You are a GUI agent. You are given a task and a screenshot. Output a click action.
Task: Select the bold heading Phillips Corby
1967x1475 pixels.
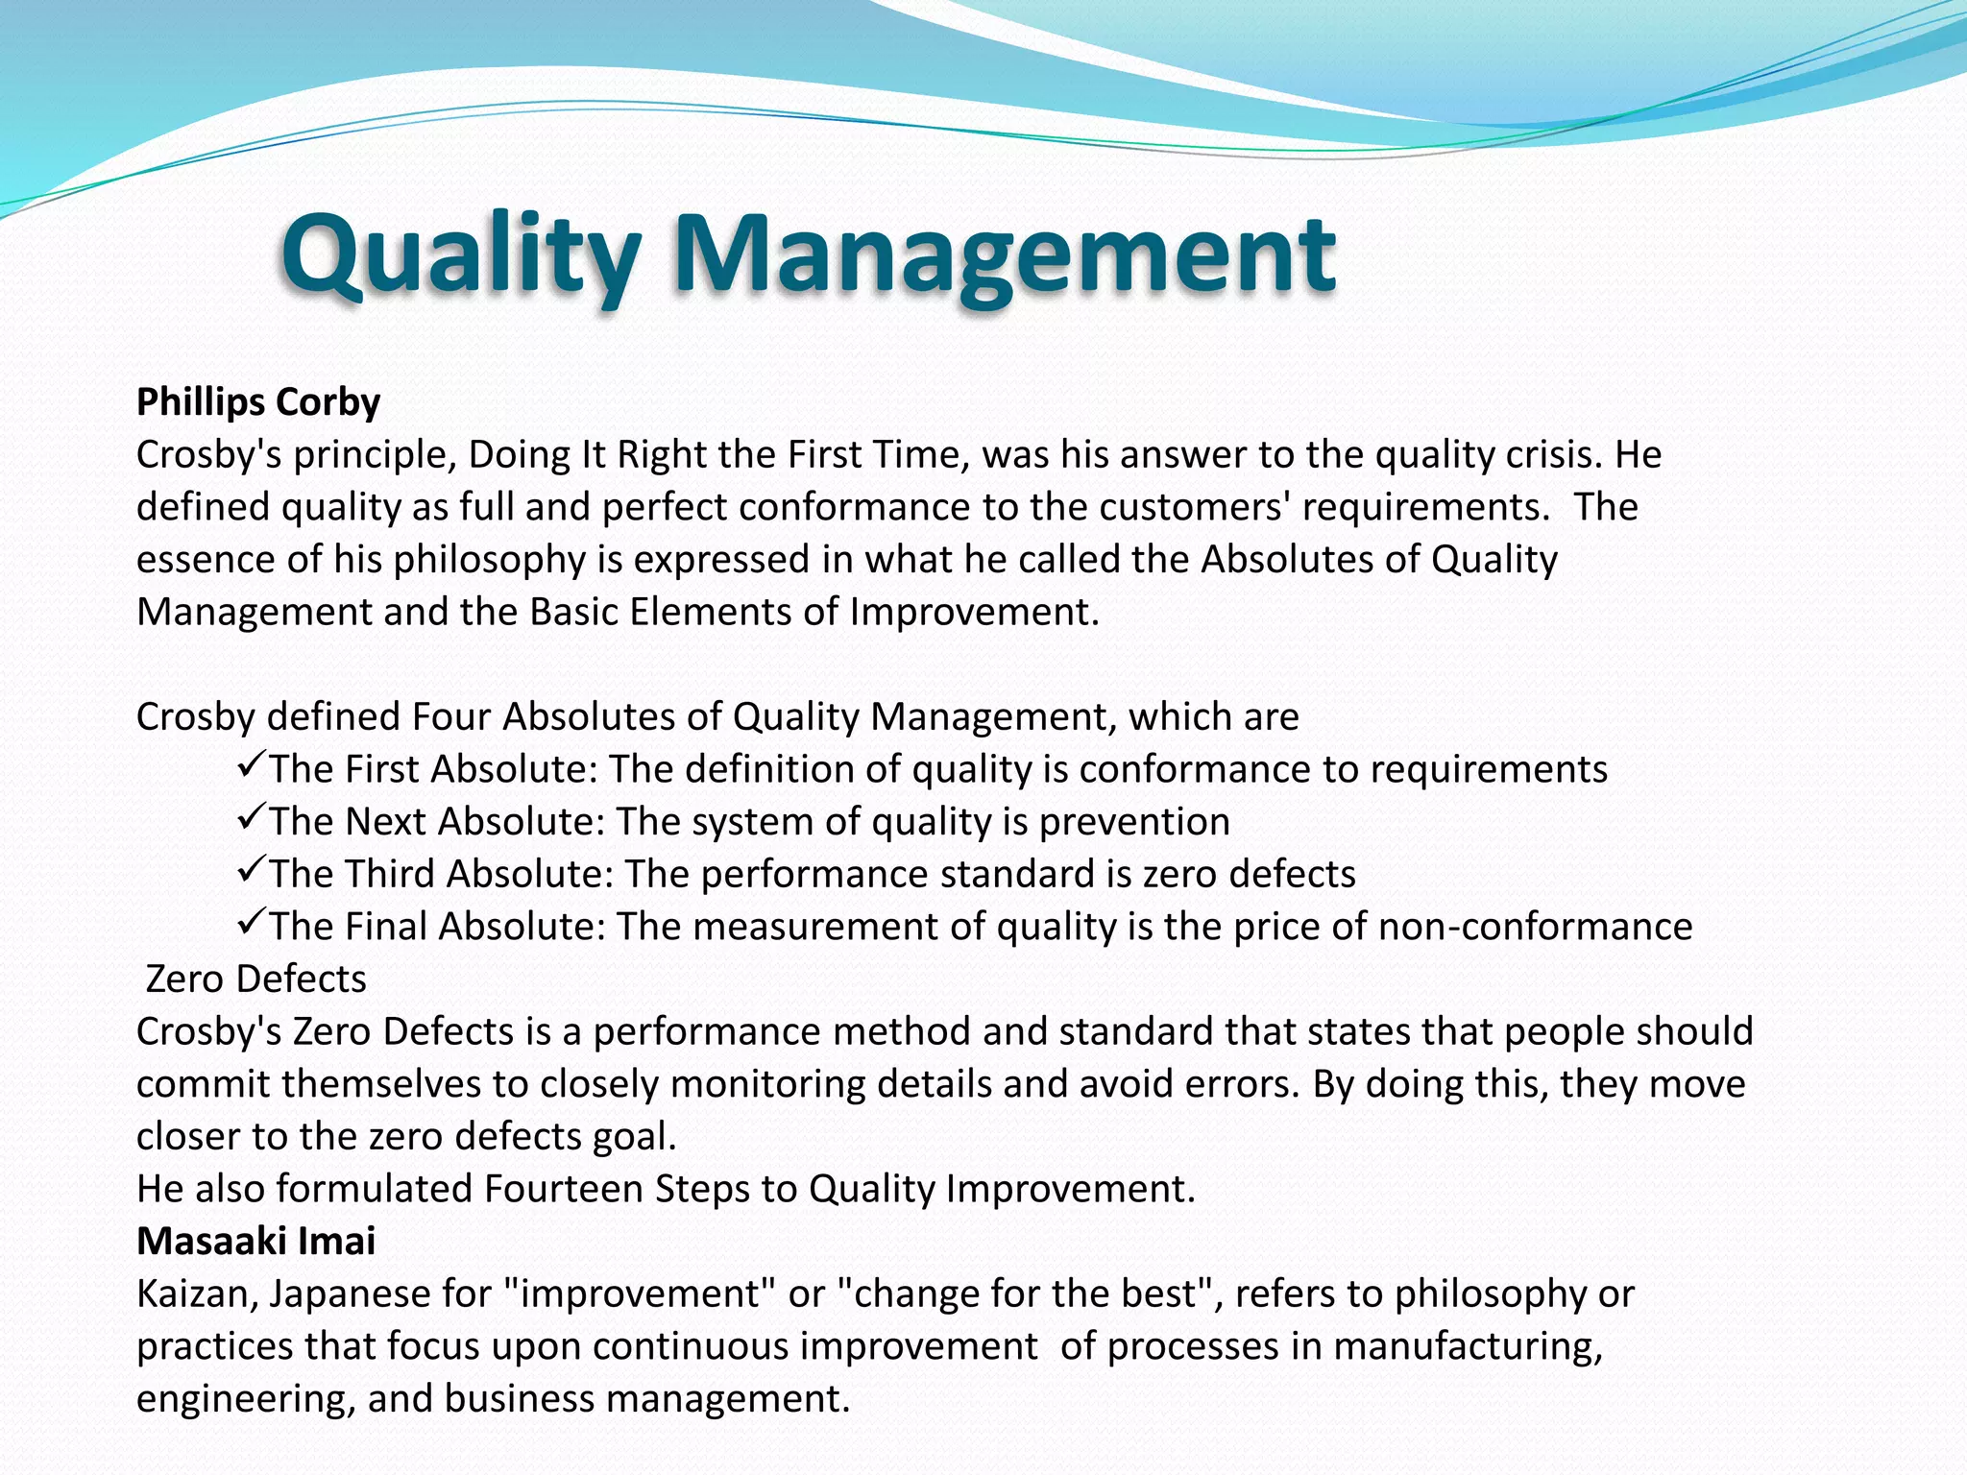point(258,401)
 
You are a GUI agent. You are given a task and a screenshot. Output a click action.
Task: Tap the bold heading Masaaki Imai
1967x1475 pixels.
point(255,1241)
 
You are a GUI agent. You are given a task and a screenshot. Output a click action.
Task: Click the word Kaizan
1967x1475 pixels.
point(196,1294)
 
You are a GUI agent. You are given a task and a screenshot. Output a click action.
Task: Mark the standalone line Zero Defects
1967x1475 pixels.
point(255,979)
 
